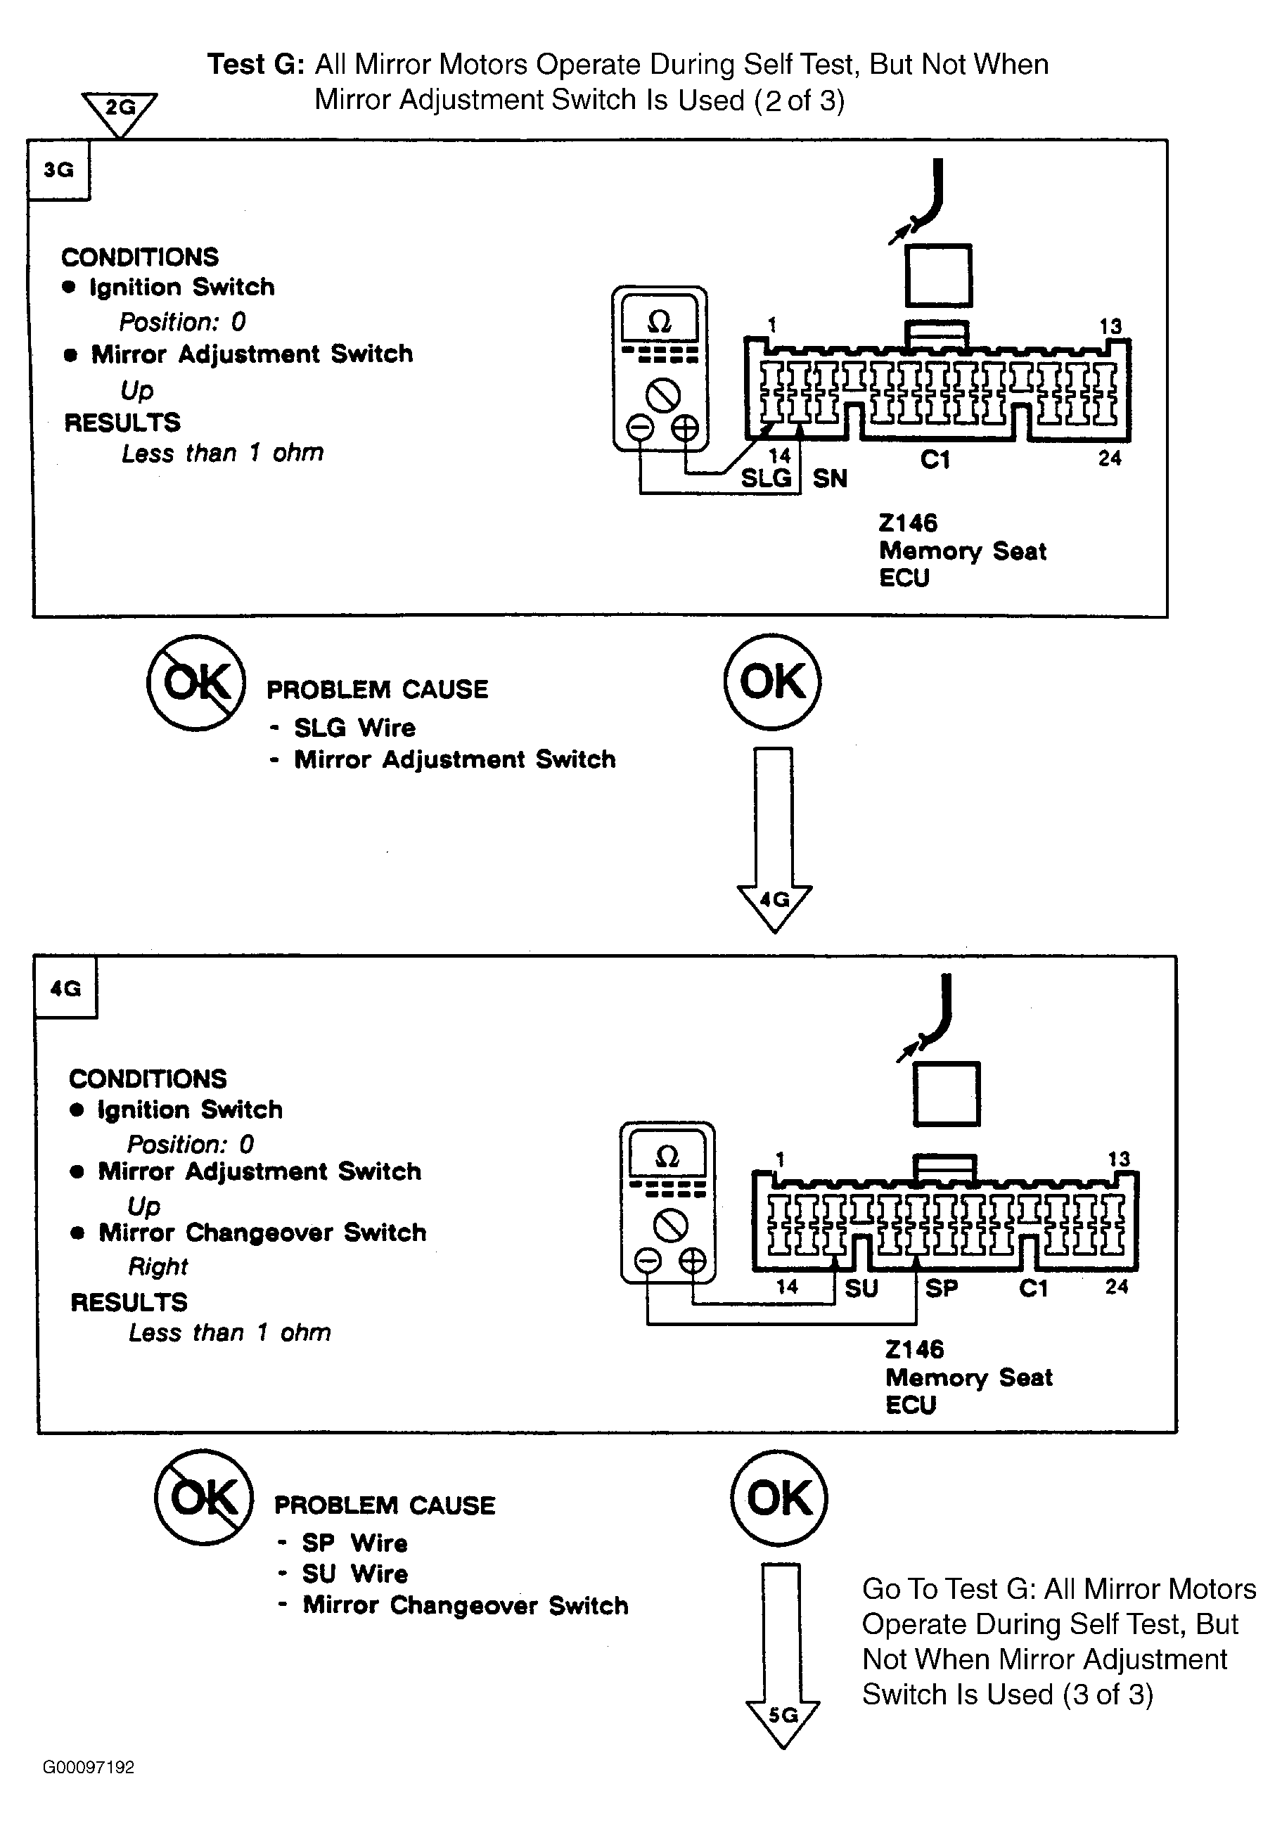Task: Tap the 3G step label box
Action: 59,170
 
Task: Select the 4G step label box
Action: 66,988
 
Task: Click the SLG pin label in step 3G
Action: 766,478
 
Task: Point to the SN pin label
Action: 830,479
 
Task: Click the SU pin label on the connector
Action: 861,1288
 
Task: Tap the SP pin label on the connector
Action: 942,1288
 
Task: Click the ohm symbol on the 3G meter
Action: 660,321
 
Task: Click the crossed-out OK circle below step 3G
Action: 196,682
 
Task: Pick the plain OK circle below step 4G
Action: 778,1498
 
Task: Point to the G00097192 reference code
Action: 89,1767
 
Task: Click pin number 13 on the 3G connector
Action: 1110,326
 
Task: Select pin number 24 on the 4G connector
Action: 1117,1286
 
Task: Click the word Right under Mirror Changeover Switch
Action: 158,1266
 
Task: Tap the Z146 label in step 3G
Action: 907,522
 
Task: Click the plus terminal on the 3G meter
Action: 685,428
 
